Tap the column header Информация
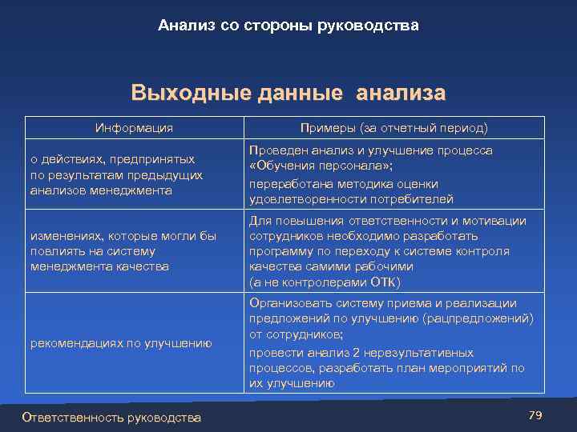134,128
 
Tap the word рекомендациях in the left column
71,343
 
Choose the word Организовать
288,303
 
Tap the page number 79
536,414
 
